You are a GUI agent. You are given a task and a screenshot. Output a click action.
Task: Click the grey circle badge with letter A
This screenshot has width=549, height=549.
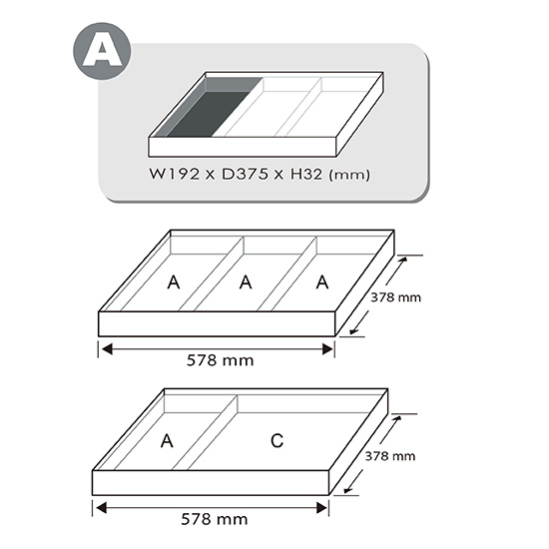pyautogui.click(x=102, y=51)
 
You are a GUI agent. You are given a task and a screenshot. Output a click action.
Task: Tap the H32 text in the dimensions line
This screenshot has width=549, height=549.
pyautogui.click(x=306, y=174)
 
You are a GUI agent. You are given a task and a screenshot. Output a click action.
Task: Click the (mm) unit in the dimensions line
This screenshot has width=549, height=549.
pyautogui.click(x=349, y=175)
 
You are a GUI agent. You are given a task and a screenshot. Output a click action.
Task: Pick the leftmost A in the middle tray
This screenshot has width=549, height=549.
pyautogui.click(x=174, y=282)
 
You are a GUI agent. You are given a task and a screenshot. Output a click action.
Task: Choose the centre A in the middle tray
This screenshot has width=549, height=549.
pyautogui.click(x=246, y=282)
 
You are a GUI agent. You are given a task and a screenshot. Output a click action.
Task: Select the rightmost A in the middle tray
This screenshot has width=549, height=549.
pyautogui.click(x=322, y=282)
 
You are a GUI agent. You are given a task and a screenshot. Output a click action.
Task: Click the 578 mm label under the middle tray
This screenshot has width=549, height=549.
pyautogui.click(x=221, y=360)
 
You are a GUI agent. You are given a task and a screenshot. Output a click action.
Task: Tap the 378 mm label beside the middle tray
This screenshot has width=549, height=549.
pyautogui.click(x=395, y=297)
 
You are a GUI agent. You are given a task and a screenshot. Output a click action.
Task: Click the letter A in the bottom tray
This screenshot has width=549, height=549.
pyautogui.click(x=167, y=441)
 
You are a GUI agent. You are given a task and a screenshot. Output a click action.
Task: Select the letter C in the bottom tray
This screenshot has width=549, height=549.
pyautogui.click(x=276, y=441)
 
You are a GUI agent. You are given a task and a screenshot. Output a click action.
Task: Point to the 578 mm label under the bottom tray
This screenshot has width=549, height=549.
pyautogui.click(x=215, y=519)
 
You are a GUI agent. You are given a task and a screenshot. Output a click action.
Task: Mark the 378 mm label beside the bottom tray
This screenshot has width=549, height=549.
pyautogui.click(x=390, y=456)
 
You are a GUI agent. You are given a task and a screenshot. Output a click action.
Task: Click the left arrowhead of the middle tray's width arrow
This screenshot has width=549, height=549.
pyautogui.click(x=107, y=349)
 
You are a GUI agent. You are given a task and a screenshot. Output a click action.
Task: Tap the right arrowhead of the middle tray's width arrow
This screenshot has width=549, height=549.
pyautogui.click(x=327, y=349)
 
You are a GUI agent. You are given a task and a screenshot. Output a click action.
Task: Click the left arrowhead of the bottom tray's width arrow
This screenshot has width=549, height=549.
pyautogui.click(x=101, y=508)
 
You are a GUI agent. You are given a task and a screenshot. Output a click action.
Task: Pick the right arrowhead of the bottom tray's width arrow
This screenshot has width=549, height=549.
pyautogui.click(x=322, y=508)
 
